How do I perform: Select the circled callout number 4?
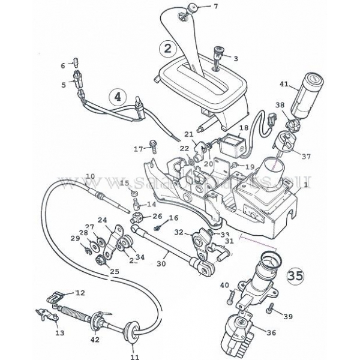(x=118, y=95)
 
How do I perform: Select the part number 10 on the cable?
(x=90, y=176)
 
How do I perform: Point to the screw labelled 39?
(x=271, y=308)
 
